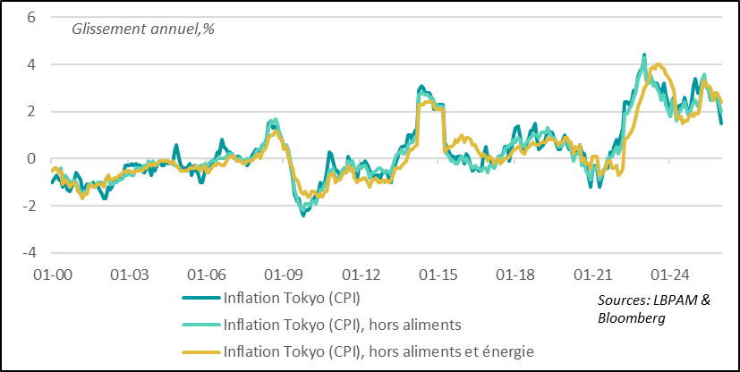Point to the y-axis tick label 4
31,64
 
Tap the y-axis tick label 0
31,158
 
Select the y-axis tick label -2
29,206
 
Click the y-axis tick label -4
29,252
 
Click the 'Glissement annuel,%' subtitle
132,27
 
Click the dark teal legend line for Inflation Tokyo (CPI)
200,298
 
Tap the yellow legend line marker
200,351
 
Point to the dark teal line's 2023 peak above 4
644,55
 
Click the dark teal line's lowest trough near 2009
302,215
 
